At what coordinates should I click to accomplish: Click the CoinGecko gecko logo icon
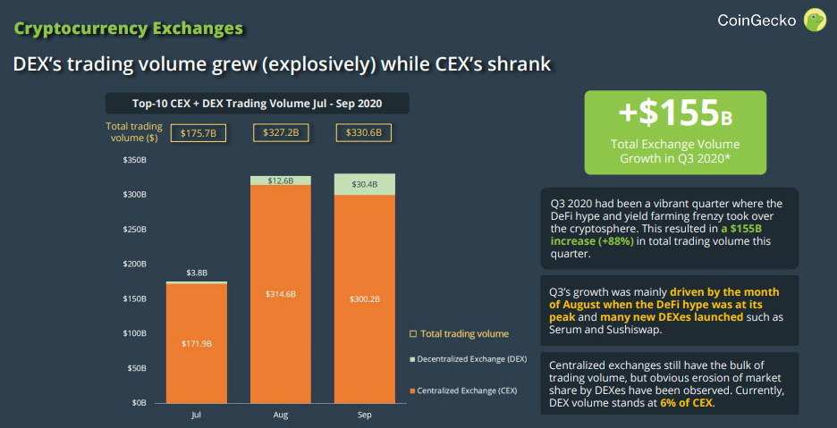pos(814,20)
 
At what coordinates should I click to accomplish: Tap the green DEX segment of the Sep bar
pos(364,184)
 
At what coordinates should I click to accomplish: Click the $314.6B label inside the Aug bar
pos(280,293)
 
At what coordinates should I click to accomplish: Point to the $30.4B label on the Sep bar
pos(364,184)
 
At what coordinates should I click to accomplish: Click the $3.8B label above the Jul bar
pos(197,273)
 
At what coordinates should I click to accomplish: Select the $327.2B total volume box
pos(281,133)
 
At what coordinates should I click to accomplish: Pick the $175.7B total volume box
pos(198,133)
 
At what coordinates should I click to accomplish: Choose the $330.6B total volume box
pos(364,133)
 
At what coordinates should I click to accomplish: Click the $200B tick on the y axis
pos(135,264)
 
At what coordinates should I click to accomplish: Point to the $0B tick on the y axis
pos(139,403)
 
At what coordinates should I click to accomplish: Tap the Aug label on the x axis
pos(280,415)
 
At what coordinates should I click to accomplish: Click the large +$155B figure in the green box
pos(675,113)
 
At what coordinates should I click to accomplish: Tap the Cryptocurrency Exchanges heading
pos(129,29)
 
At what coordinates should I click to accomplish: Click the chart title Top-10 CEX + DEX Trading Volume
pos(257,103)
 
